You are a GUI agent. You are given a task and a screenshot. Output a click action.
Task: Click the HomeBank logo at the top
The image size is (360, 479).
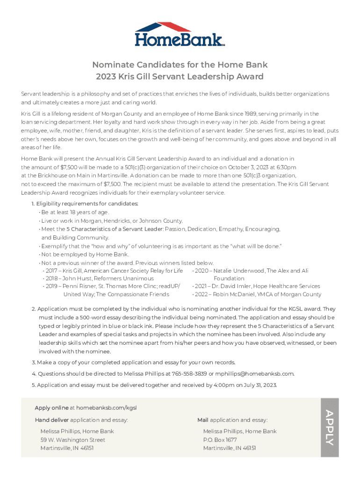pyautogui.click(x=180, y=34)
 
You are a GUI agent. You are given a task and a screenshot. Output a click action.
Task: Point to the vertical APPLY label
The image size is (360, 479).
pyautogui.click(x=329, y=427)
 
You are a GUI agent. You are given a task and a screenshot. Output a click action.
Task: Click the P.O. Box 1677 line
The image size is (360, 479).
pyautogui.click(x=220, y=440)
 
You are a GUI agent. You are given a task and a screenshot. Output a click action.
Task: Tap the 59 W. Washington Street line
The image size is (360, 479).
pyautogui.click(x=72, y=440)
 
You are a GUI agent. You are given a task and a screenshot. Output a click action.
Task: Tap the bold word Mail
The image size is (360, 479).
pyautogui.click(x=202, y=420)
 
